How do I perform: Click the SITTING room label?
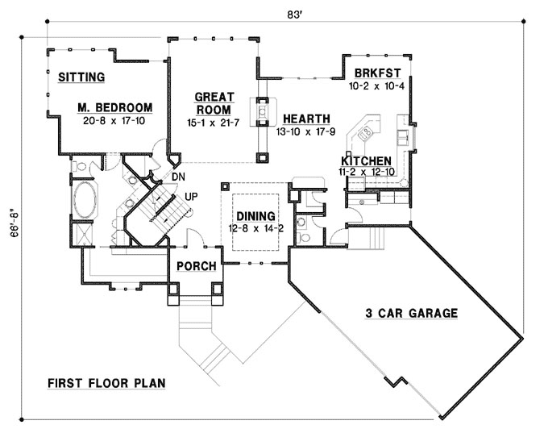pyautogui.click(x=81, y=77)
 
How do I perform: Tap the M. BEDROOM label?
pyautogui.click(x=115, y=107)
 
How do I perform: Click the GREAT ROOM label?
pyautogui.click(x=214, y=103)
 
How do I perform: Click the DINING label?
pyautogui.click(x=255, y=216)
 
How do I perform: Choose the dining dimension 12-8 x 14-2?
pyautogui.click(x=255, y=228)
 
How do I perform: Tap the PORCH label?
pyautogui.click(x=195, y=267)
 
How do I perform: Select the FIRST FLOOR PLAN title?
pyautogui.click(x=106, y=383)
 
